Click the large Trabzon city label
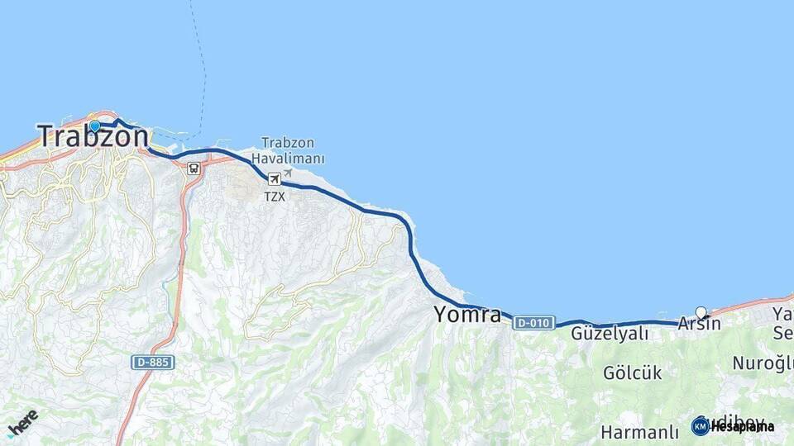(x=93, y=137)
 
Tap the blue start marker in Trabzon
(x=94, y=126)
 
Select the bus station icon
(x=193, y=168)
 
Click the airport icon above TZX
(x=274, y=178)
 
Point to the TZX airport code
(x=274, y=197)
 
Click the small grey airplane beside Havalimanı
(x=288, y=174)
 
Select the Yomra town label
(x=467, y=315)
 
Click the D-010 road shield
(x=533, y=323)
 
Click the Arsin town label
(x=699, y=325)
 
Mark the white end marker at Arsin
(x=701, y=312)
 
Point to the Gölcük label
(x=632, y=373)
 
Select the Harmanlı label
(x=639, y=433)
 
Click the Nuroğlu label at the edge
(x=763, y=363)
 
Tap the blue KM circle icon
(x=701, y=426)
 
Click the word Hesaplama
(x=742, y=427)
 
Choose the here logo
(x=23, y=422)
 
